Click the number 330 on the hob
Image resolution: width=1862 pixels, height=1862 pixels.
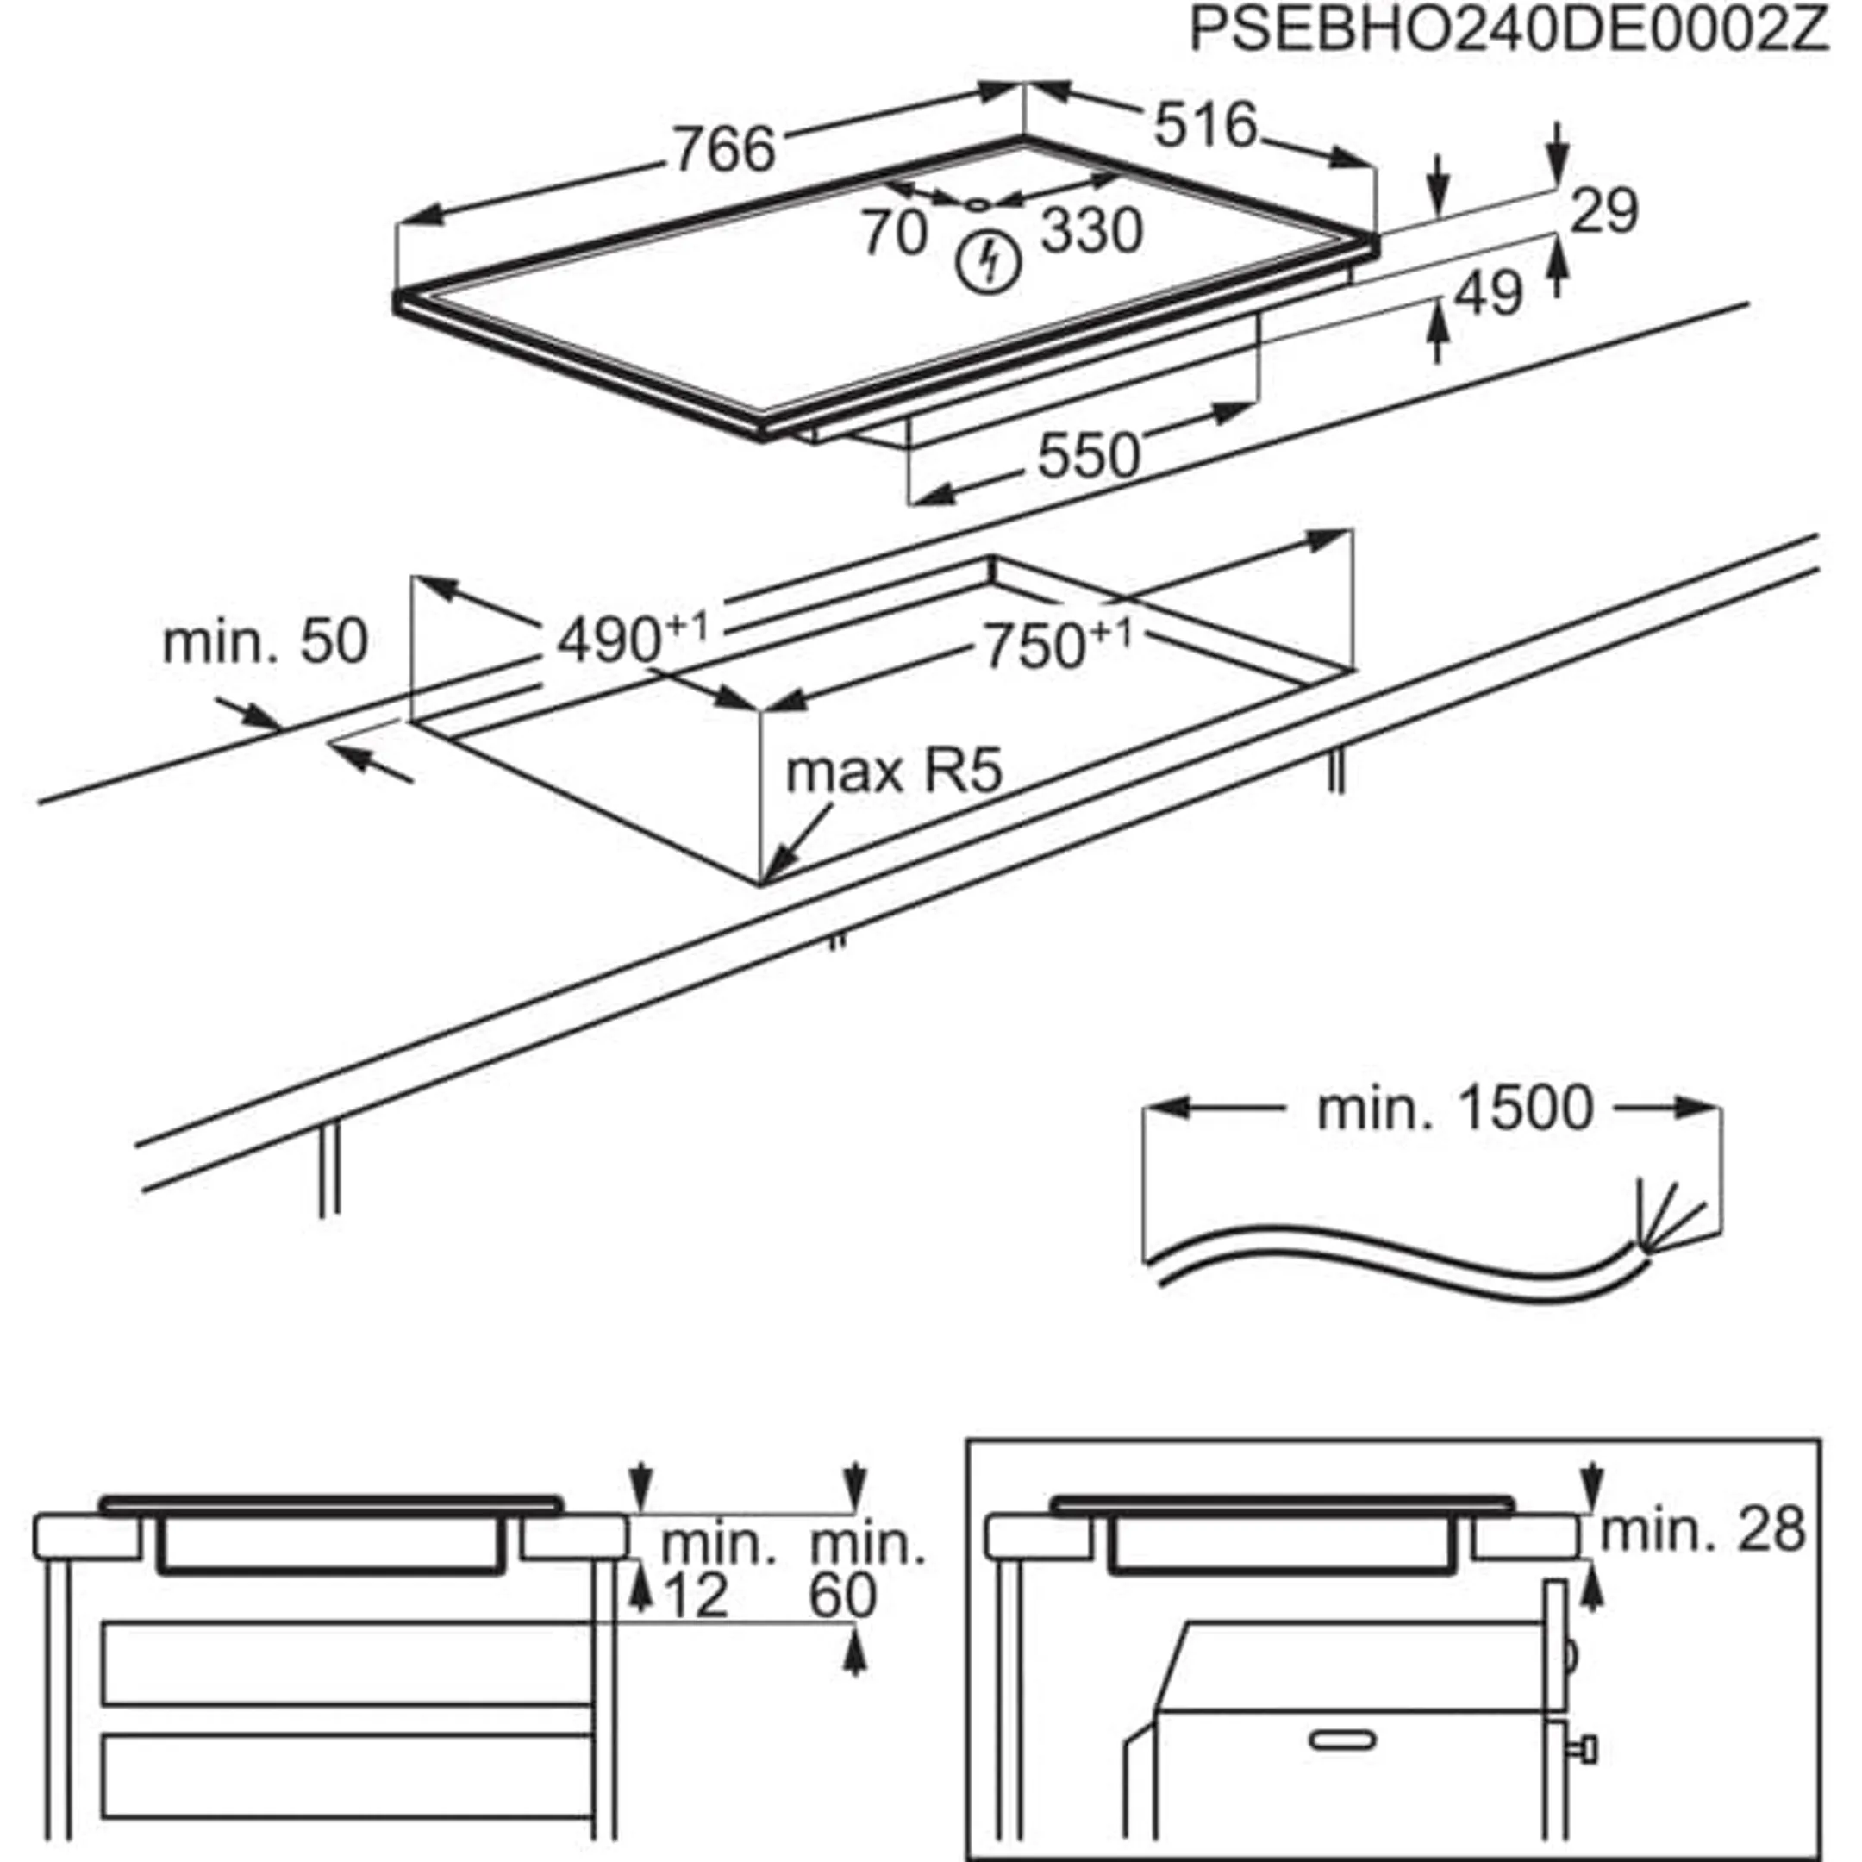[1092, 231]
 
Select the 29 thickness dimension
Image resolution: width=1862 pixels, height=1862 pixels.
[1603, 210]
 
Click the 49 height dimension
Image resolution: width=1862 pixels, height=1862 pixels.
[1488, 293]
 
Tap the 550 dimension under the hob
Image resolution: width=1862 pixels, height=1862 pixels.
[1088, 456]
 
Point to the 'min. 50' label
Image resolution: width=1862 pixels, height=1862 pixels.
[265, 642]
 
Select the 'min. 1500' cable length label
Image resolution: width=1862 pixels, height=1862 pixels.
[1454, 1109]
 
